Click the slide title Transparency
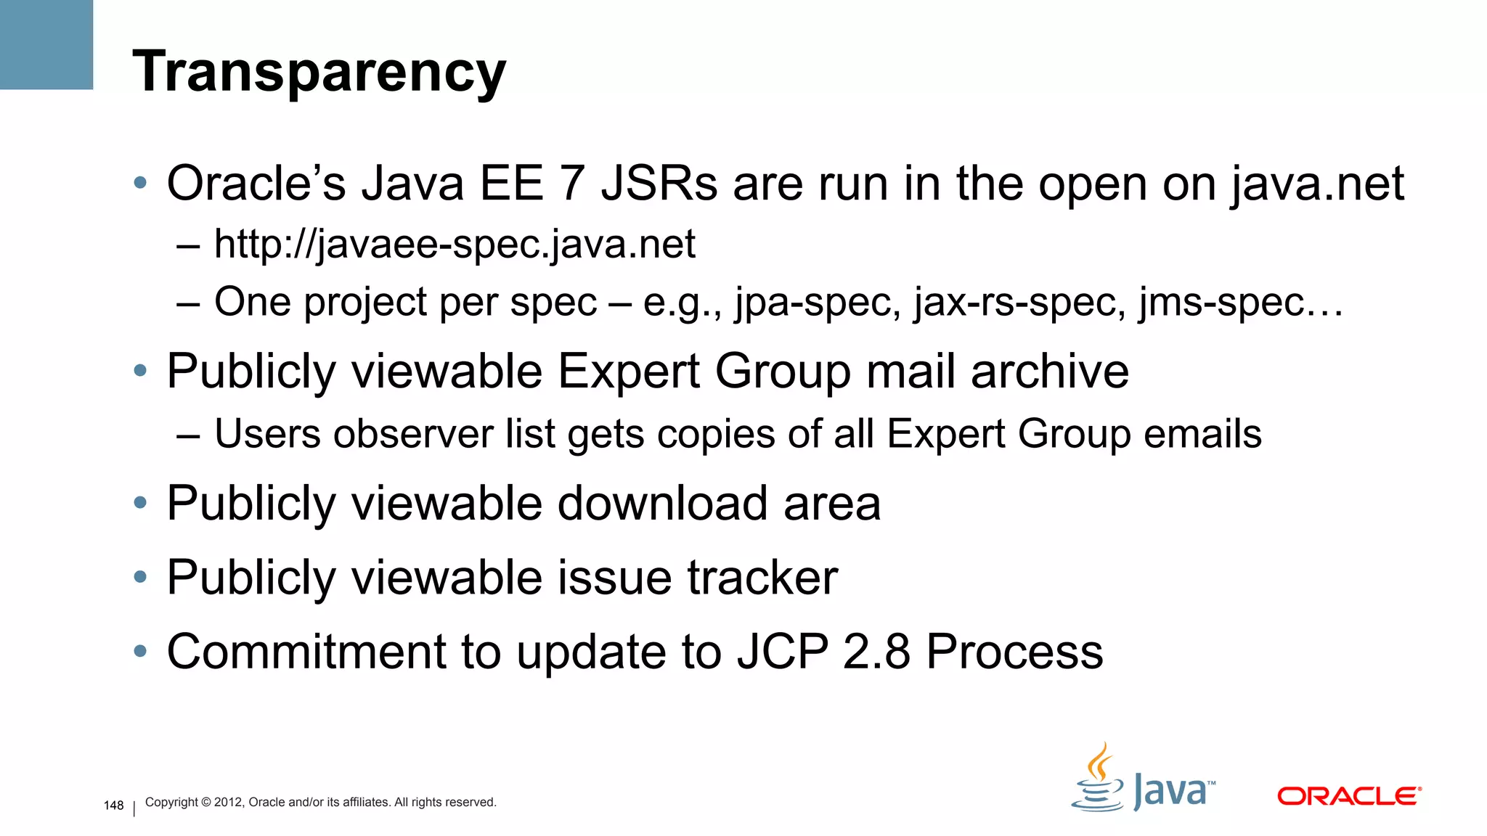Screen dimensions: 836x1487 pos(319,72)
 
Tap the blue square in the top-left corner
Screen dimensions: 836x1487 pos(46,44)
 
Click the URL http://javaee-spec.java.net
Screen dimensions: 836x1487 pos(455,244)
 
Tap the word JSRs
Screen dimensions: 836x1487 pos(659,183)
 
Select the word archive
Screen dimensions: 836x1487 pos(1049,372)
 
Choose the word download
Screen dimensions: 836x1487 pos(662,504)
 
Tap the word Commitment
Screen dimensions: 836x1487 pos(306,652)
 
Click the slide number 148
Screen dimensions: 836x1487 pos(114,806)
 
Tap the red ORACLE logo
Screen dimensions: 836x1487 pos(1348,796)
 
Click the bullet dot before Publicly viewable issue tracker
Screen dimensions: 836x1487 pos(141,578)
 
